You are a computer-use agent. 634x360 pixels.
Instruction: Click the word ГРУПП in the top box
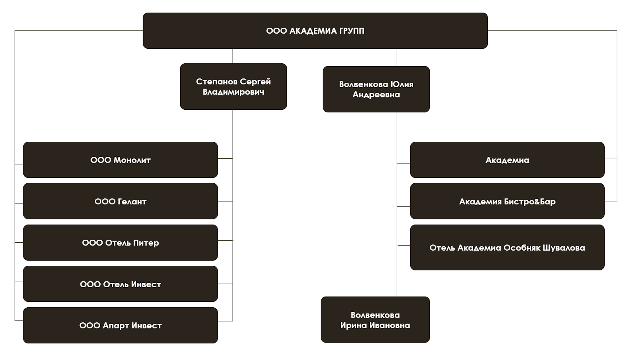[351, 31]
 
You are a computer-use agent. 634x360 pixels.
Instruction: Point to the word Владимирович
[233, 92]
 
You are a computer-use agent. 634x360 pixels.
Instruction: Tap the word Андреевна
[376, 95]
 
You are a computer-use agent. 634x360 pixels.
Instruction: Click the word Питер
[146, 243]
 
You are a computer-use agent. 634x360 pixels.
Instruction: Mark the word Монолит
[132, 160]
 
